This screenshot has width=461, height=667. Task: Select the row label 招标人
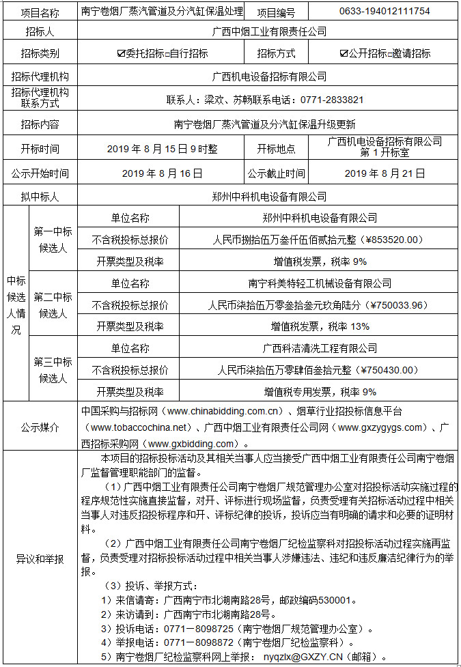[40, 31]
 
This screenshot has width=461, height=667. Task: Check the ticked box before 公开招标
[344, 54]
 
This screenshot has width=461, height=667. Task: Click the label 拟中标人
[40, 197]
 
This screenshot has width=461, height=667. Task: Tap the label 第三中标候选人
[53, 369]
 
